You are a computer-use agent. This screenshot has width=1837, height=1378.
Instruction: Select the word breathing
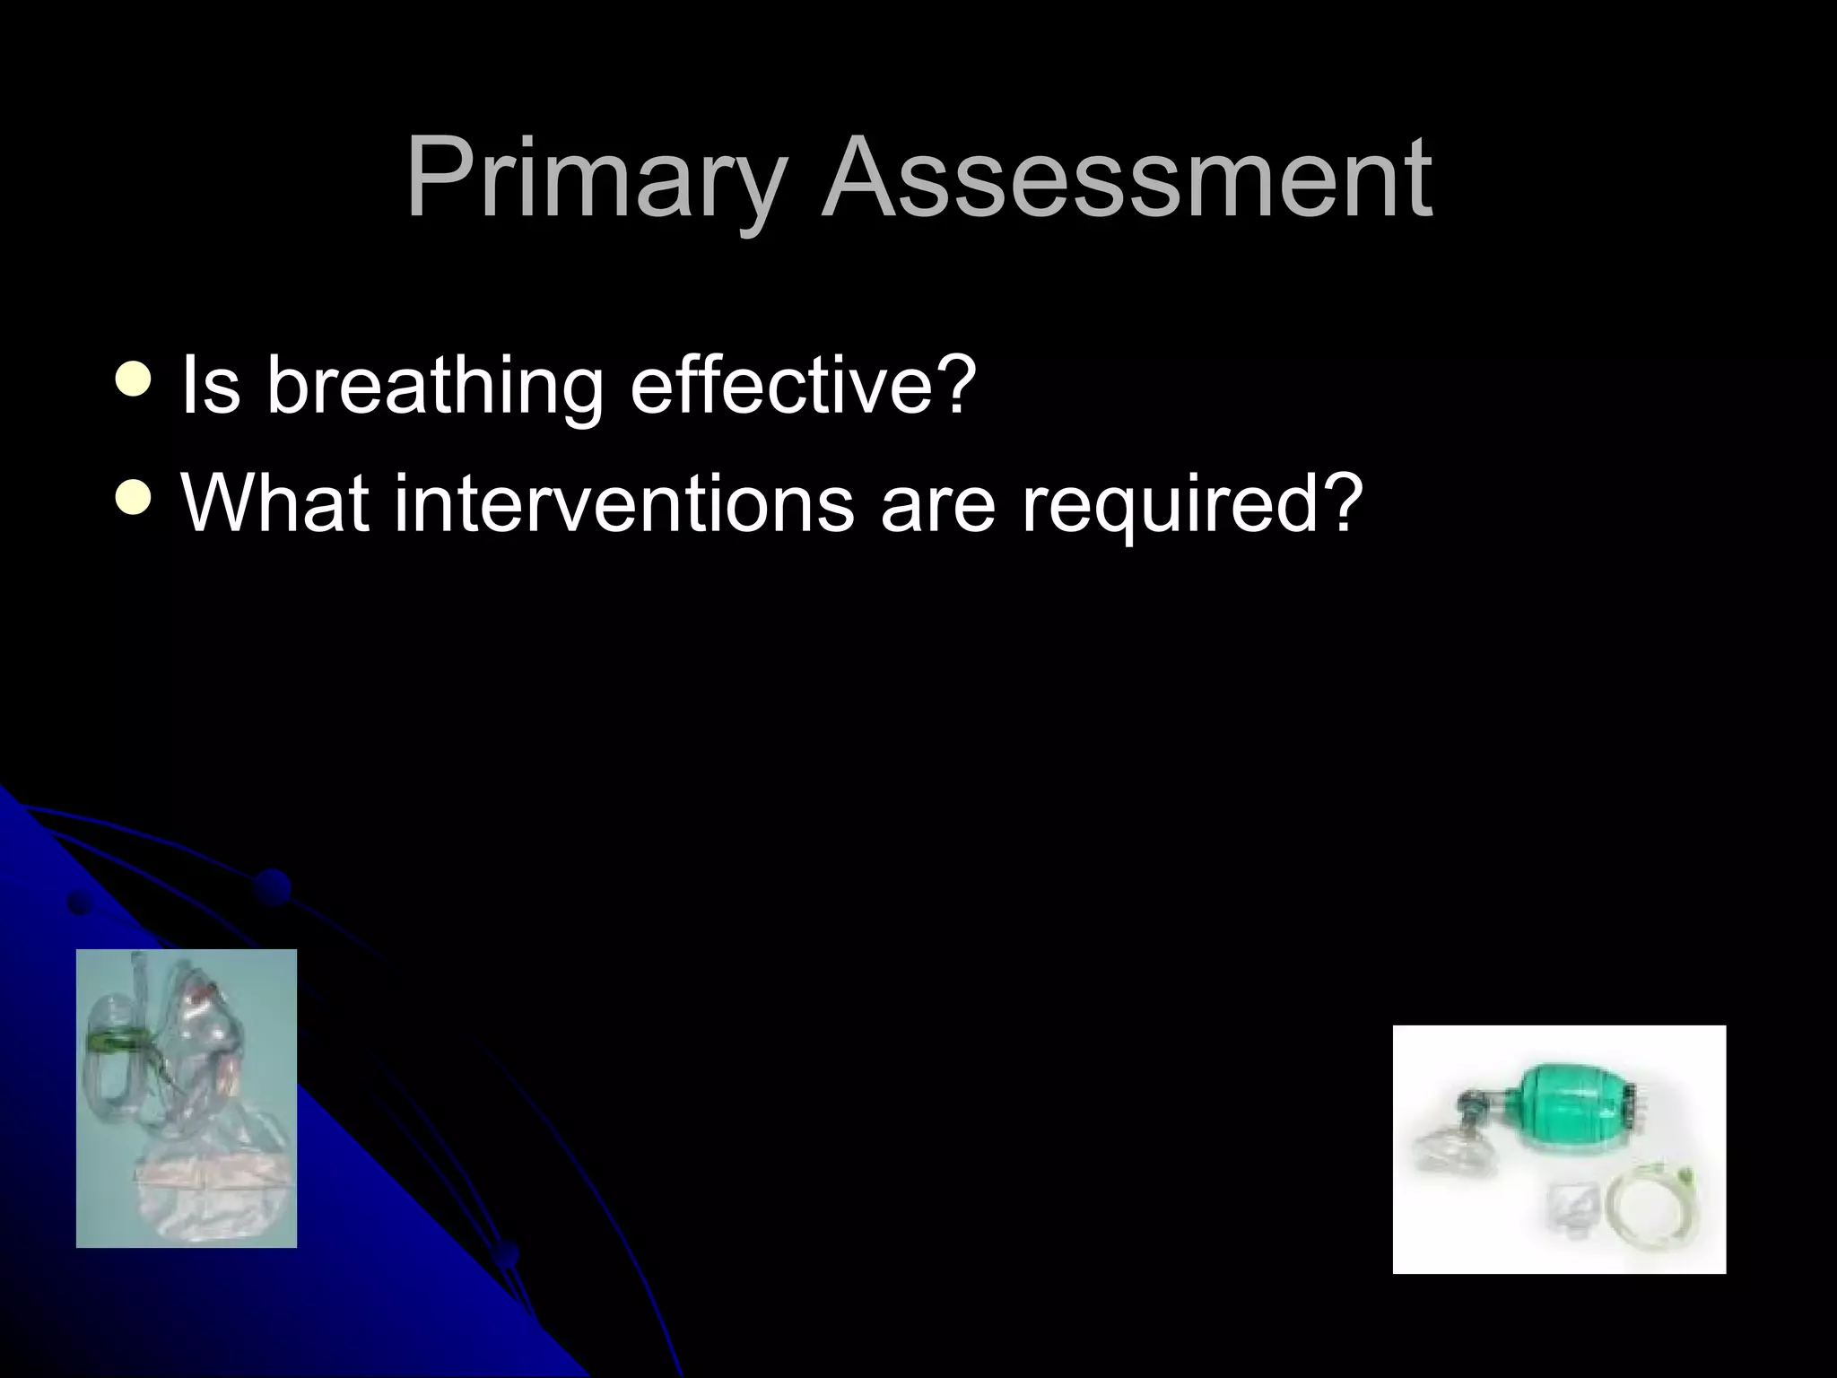click(x=434, y=386)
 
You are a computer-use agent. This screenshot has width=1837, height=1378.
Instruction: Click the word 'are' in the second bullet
click(x=937, y=504)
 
